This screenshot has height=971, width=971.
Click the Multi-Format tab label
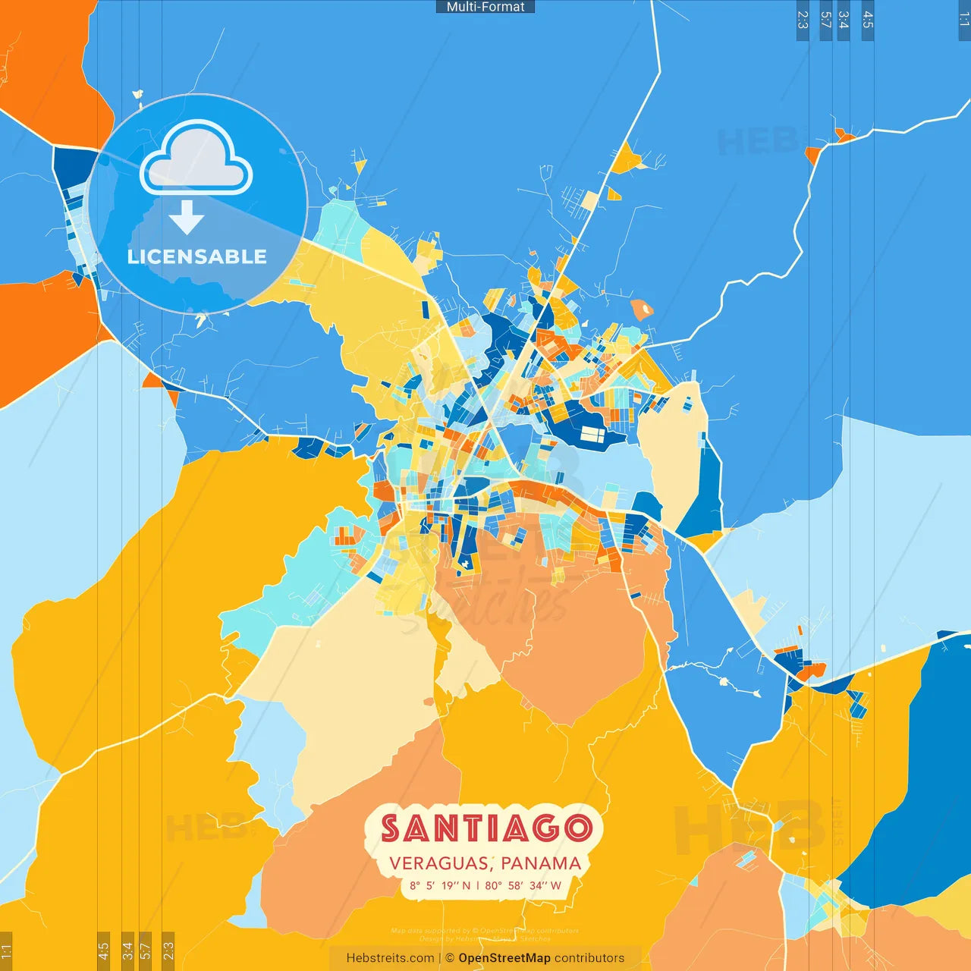pos(485,7)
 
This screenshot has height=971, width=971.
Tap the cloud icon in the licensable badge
pos(196,159)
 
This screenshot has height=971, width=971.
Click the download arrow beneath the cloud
pos(187,218)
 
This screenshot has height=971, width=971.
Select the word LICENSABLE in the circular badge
pos(196,257)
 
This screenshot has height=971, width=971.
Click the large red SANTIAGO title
pos(485,828)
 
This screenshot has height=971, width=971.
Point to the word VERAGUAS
pos(439,863)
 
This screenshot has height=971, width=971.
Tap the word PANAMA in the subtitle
pos(541,863)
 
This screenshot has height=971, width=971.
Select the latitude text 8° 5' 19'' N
pos(440,885)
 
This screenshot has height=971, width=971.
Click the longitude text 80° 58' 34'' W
pos(523,885)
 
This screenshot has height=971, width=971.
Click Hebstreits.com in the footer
pos(390,958)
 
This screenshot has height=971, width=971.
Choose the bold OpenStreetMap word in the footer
pos(504,958)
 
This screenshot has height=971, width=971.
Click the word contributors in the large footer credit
pos(589,958)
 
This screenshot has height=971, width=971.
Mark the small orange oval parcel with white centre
pos(642,309)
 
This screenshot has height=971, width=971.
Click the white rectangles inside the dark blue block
pos(592,435)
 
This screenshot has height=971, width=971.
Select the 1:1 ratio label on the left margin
pos(6,951)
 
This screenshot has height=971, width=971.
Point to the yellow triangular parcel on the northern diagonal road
pos(626,160)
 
